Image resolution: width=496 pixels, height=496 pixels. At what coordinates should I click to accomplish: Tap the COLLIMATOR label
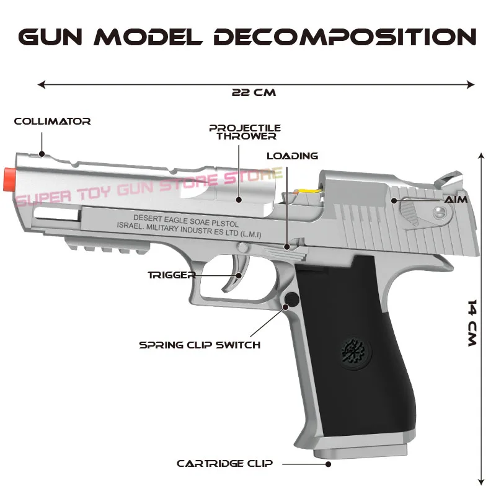pos(52,122)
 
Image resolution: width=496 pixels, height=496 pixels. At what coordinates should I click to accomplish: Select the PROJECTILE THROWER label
pos(244,131)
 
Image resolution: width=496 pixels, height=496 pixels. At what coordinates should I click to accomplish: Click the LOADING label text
pos(292,156)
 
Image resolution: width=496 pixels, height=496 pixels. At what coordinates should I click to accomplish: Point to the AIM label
pos(455,200)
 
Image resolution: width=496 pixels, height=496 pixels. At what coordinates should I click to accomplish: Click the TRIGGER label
pos(172,275)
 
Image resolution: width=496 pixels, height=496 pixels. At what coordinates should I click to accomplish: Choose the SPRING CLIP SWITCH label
pos(200,344)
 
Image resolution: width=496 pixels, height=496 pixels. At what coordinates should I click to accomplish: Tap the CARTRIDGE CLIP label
pos(224,463)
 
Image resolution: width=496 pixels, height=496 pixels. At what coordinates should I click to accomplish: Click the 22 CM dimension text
pos(254,92)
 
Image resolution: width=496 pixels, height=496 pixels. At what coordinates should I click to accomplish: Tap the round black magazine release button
pos(291,300)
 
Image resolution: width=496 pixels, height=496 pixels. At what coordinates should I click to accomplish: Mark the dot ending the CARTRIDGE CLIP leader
pos(329,463)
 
